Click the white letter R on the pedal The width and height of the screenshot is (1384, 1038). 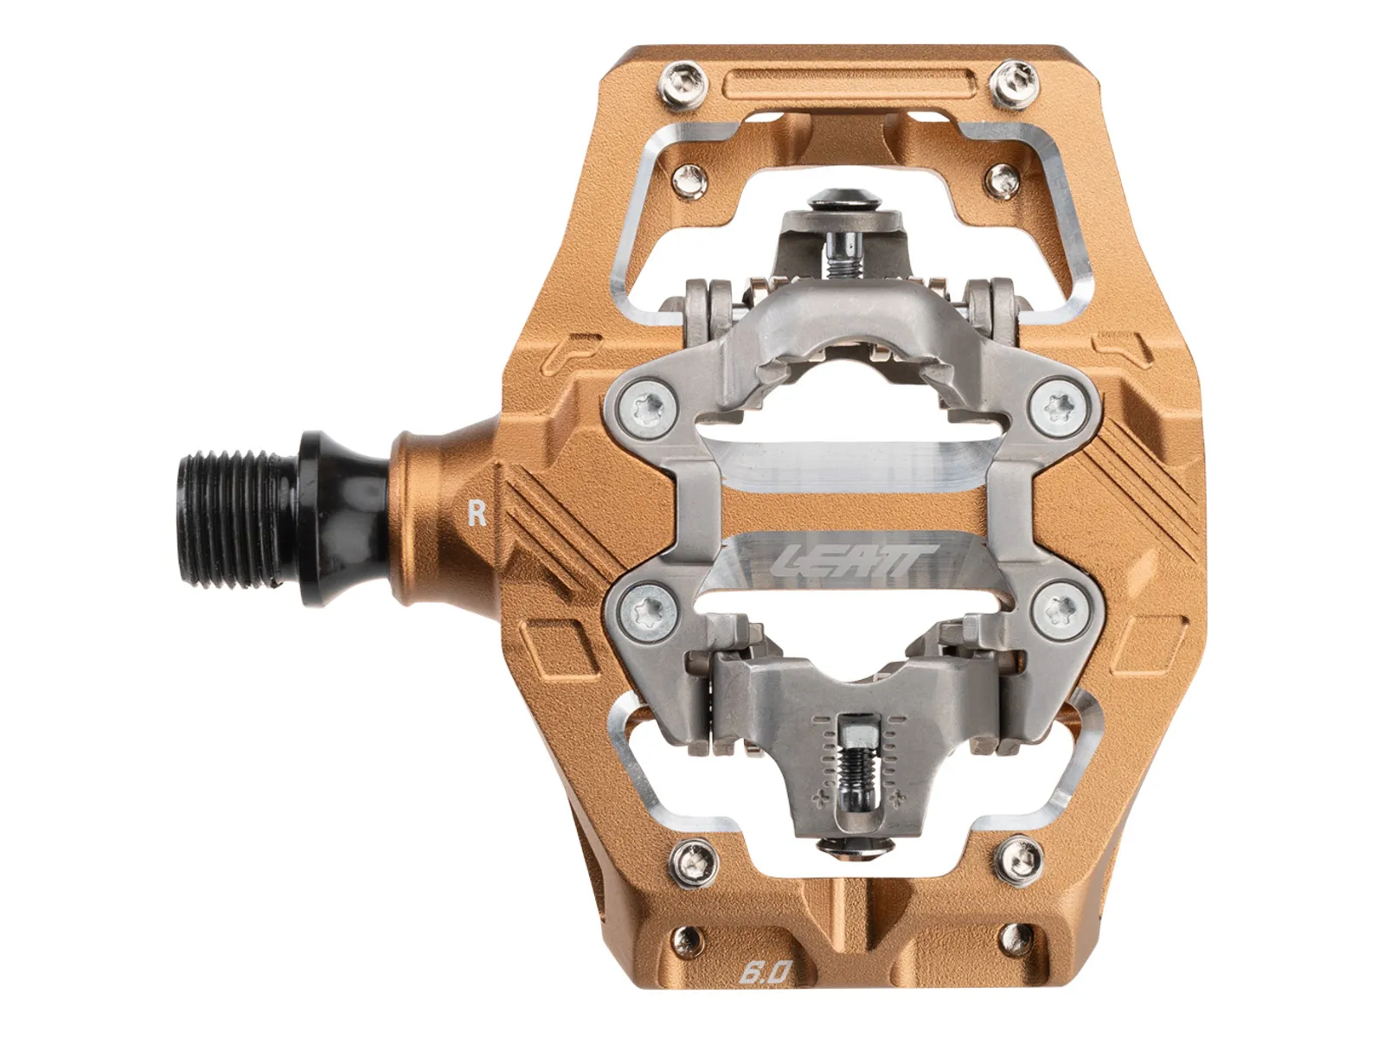pyautogui.click(x=477, y=513)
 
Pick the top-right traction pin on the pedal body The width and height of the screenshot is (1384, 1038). pyautogui.click(x=1013, y=85)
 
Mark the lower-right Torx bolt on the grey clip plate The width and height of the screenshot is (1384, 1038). pyautogui.click(x=1062, y=609)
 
